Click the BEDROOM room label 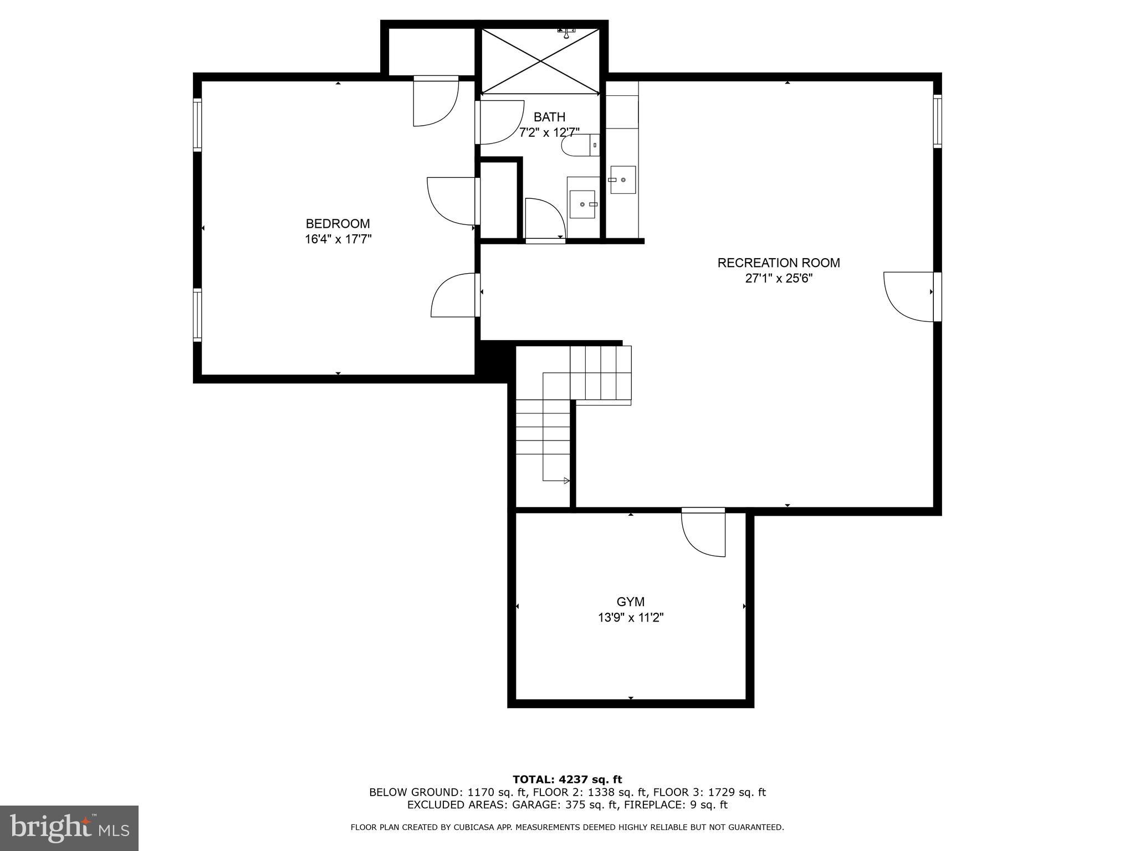click(338, 224)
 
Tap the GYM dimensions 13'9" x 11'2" click(631, 617)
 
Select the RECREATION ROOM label click(778, 263)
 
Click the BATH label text click(549, 117)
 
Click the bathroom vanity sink click(582, 204)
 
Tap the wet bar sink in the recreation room click(623, 180)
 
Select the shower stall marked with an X click(540, 61)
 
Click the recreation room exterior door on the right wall click(909, 297)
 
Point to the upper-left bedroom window click(197, 125)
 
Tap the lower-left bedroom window click(197, 314)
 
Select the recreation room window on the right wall click(937, 121)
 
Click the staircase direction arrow click(566, 480)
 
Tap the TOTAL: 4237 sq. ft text click(567, 780)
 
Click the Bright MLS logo click(69, 828)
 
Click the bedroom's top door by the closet click(436, 101)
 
